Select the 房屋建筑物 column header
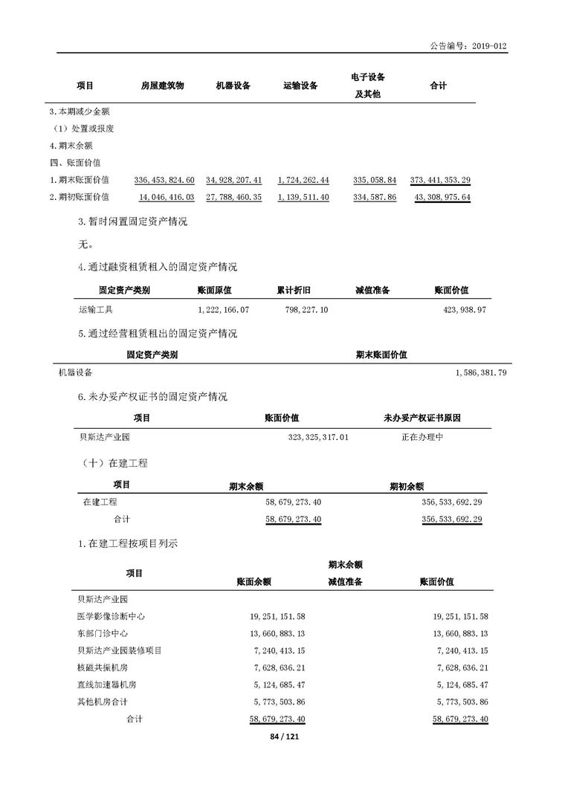[x=162, y=85]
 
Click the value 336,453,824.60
[x=164, y=180]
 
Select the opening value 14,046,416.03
[x=167, y=197]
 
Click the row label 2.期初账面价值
[x=79, y=197]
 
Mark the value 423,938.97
[x=461, y=309]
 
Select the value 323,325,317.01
[x=318, y=437]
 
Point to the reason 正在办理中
[x=422, y=437]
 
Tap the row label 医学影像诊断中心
[x=111, y=616]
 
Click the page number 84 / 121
[x=282, y=737]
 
